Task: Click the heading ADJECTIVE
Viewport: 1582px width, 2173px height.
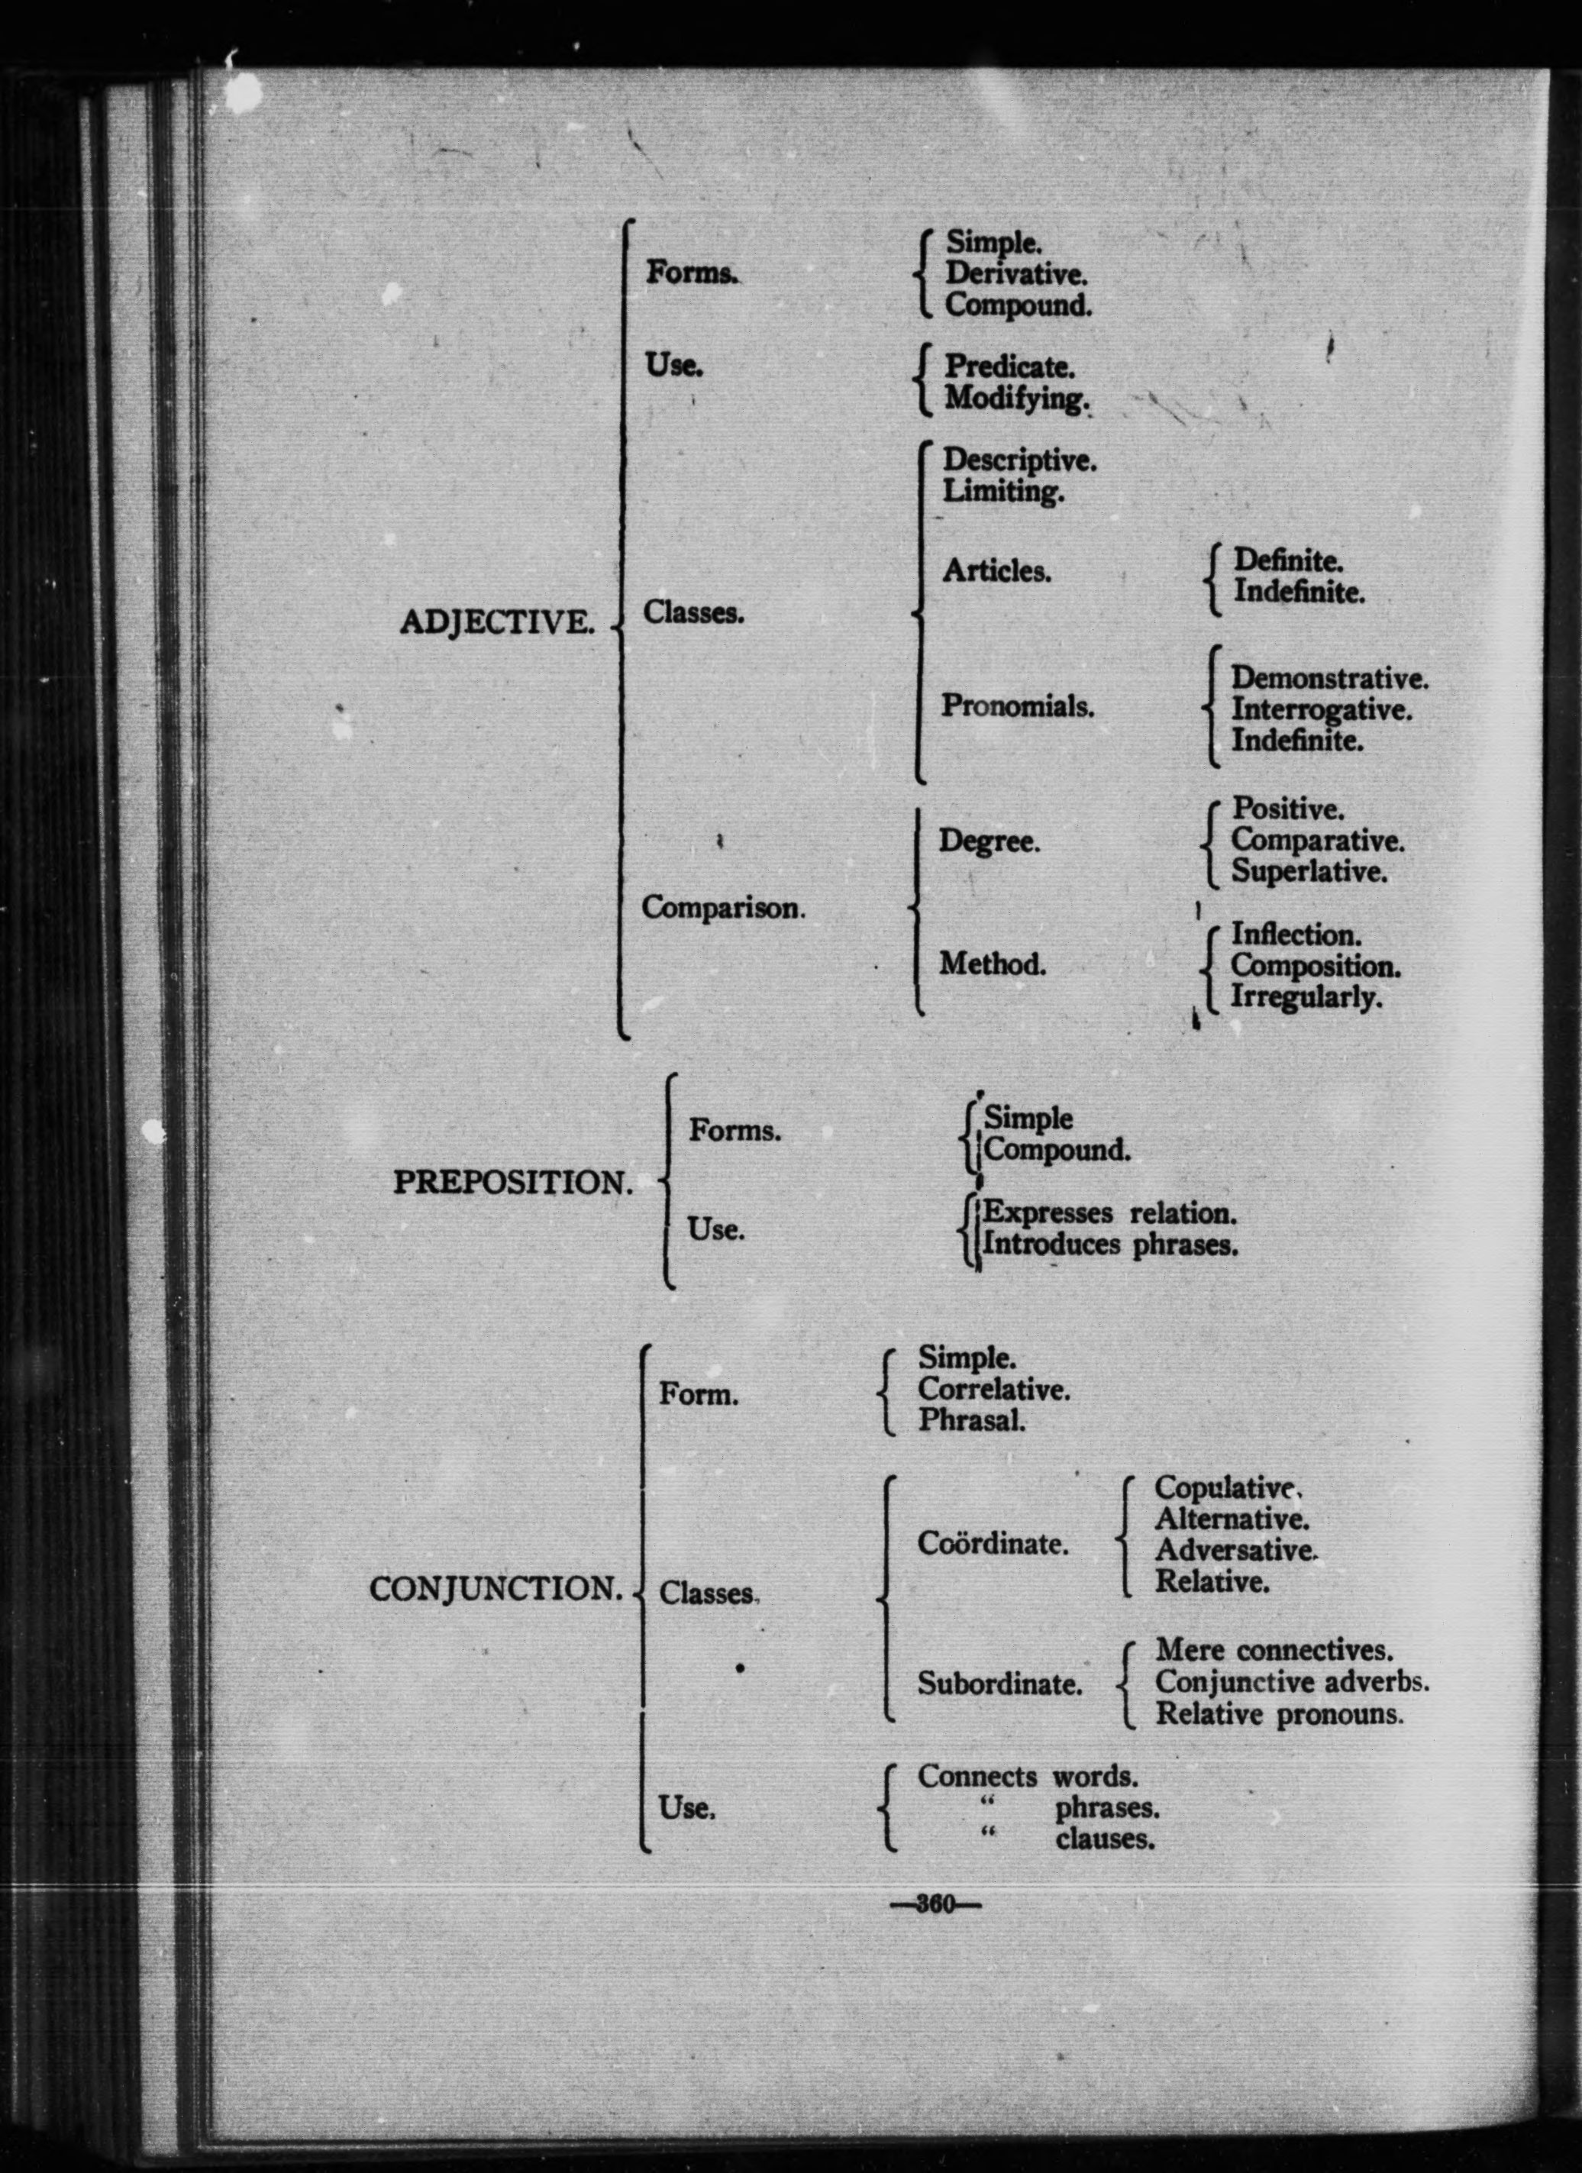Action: click(x=496, y=623)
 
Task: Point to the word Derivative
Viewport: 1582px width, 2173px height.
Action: click(x=1015, y=274)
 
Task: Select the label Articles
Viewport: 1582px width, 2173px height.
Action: click(x=996, y=571)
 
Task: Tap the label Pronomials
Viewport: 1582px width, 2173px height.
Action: click(x=1017, y=706)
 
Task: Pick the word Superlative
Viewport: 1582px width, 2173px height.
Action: click(x=1309, y=872)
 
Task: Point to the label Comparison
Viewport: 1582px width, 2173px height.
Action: click(x=722, y=907)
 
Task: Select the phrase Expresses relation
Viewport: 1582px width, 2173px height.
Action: click(x=1109, y=1213)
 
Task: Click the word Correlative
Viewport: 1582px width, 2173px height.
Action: click(x=993, y=1390)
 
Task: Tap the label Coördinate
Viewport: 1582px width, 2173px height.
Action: click(x=993, y=1544)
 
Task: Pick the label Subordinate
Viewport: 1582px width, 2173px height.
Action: click(x=999, y=1684)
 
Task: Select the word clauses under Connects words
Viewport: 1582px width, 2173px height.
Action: click(x=1105, y=1839)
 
